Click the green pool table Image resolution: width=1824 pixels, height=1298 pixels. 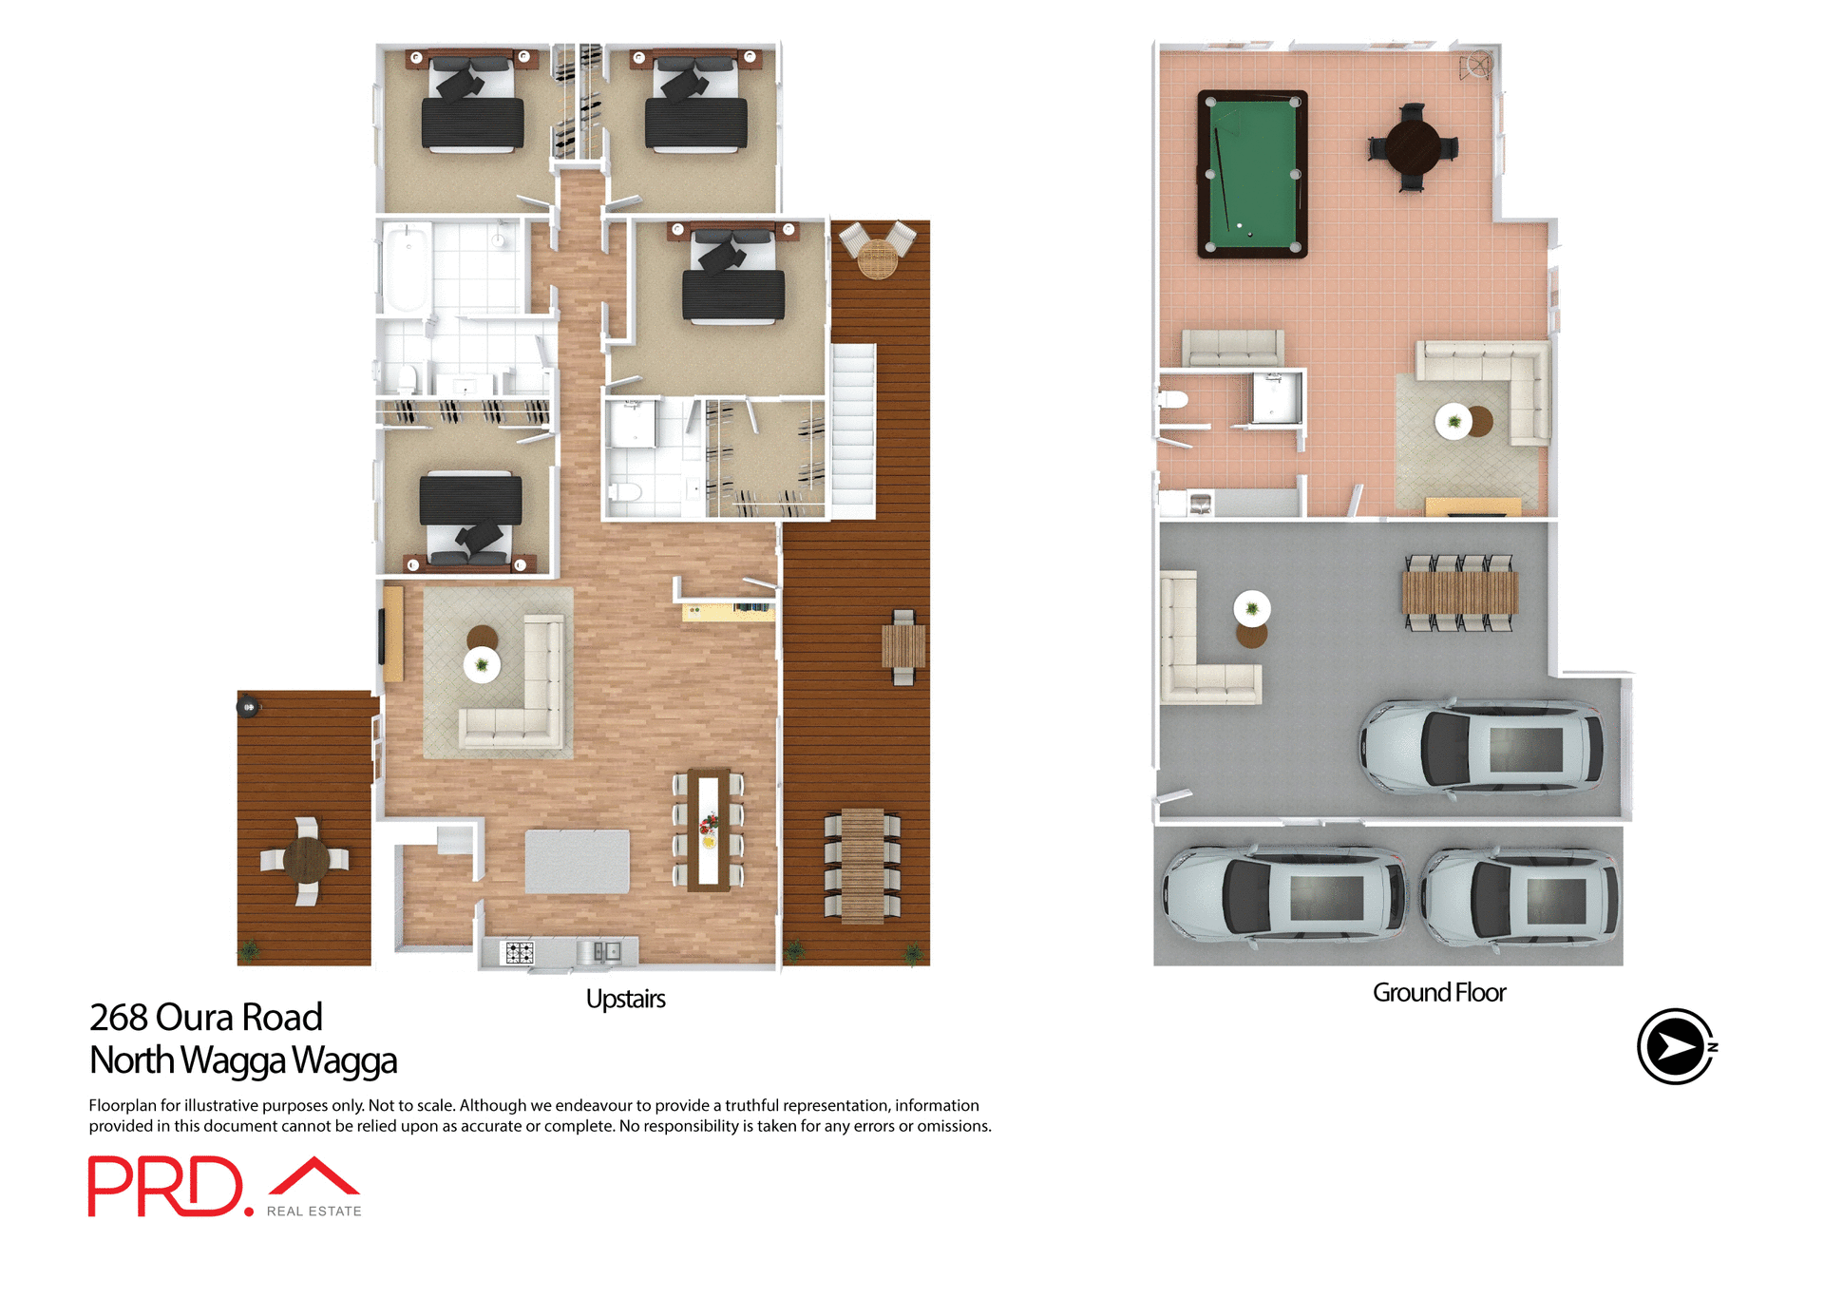point(1252,174)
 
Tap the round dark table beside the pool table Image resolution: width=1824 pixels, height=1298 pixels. point(1412,147)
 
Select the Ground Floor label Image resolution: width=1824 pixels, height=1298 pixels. point(1438,992)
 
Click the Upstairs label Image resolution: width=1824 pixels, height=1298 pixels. point(625,999)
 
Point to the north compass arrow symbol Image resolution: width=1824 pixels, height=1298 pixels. point(1676,1046)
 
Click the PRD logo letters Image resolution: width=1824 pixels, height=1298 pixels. point(166,1186)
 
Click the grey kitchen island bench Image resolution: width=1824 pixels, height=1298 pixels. point(577,861)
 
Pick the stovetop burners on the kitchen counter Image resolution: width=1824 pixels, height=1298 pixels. point(519,951)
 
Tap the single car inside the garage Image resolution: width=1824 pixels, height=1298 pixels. point(1482,748)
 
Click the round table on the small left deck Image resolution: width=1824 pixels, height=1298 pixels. point(306,859)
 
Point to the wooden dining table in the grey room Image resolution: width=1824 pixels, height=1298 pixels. point(1459,593)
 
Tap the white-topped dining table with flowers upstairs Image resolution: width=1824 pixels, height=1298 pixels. point(708,829)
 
